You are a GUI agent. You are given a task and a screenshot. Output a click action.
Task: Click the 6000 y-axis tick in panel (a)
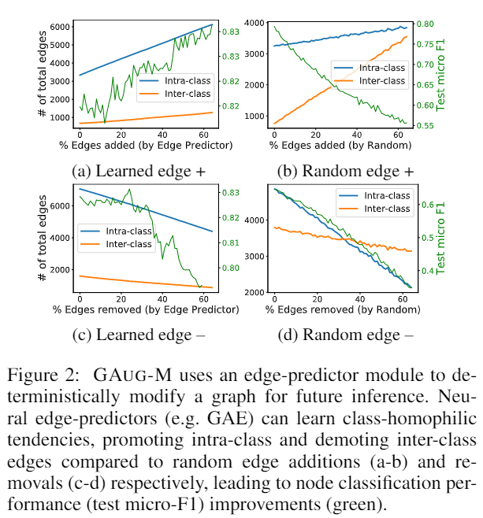(60, 27)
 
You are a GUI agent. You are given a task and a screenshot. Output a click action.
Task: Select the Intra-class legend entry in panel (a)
(175, 80)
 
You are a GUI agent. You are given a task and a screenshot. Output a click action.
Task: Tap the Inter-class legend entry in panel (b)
(370, 80)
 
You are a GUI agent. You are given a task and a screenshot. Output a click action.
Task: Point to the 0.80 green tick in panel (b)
(425, 24)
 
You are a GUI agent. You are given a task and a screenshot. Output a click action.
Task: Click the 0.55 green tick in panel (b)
(425, 125)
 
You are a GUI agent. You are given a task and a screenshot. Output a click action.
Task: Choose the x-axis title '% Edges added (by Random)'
(340, 146)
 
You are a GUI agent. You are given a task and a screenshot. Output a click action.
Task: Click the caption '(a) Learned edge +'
(139, 171)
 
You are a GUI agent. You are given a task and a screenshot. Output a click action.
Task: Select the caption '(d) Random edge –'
(345, 335)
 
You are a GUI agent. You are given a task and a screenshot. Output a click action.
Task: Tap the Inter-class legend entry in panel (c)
(117, 244)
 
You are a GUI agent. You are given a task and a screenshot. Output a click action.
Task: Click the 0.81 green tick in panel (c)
(231, 242)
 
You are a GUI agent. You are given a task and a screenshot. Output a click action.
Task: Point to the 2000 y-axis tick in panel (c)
(60, 270)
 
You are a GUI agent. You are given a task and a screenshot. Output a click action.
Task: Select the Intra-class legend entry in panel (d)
(374, 195)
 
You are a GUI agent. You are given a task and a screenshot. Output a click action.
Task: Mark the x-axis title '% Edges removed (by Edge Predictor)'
(146, 309)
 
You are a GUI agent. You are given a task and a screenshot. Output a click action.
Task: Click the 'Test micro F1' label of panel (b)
(440, 75)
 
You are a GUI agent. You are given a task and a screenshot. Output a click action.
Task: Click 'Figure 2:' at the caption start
(43, 376)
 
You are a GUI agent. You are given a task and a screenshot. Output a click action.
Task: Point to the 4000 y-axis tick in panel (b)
(255, 23)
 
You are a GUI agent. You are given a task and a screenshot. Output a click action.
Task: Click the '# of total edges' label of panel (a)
(42, 74)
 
